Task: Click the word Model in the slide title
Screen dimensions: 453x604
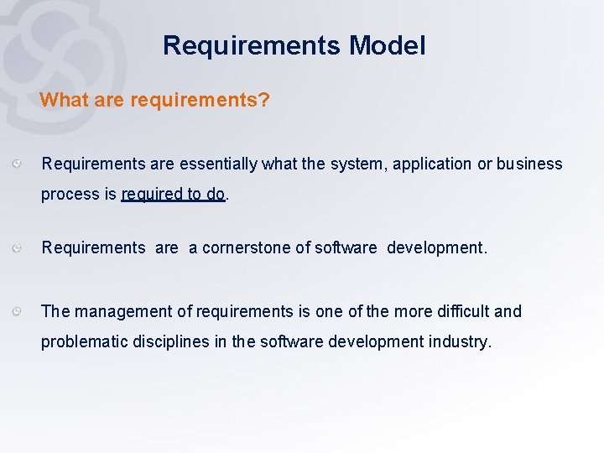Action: [x=388, y=45]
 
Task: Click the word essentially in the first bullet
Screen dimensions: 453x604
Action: [x=220, y=164]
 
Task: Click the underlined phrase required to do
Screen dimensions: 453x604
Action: [x=173, y=195]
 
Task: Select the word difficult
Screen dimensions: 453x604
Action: [x=462, y=311]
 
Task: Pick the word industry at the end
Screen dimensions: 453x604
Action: [x=460, y=342]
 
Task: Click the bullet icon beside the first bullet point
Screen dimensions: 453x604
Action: [x=18, y=164]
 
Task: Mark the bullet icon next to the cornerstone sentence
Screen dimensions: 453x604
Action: [x=18, y=247]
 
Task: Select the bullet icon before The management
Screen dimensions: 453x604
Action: [x=18, y=311]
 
